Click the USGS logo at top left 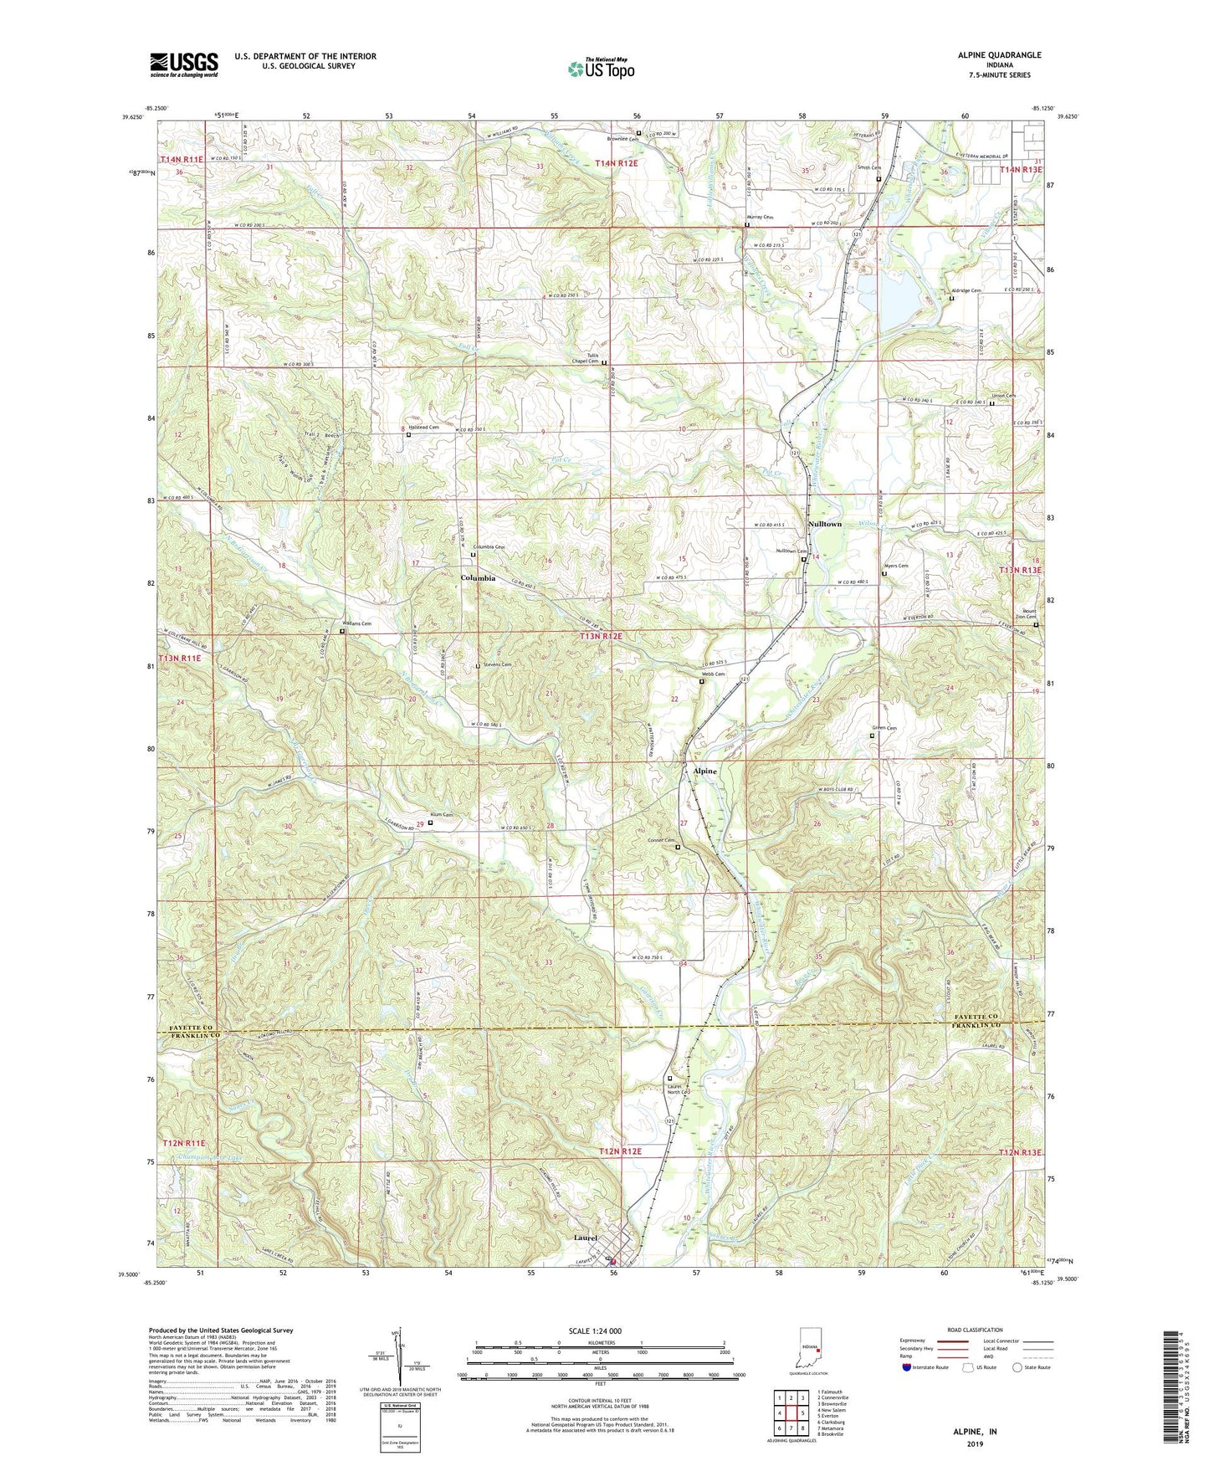(x=184, y=64)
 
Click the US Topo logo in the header (x=600, y=69)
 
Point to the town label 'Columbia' (x=478, y=578)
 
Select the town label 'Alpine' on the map (x=704, y=771)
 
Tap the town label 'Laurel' (x=585, y=1238)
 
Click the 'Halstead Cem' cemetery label (x=423, y=428)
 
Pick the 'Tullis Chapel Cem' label (x=585, y=358)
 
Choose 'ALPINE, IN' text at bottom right (x=975, y=1431)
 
